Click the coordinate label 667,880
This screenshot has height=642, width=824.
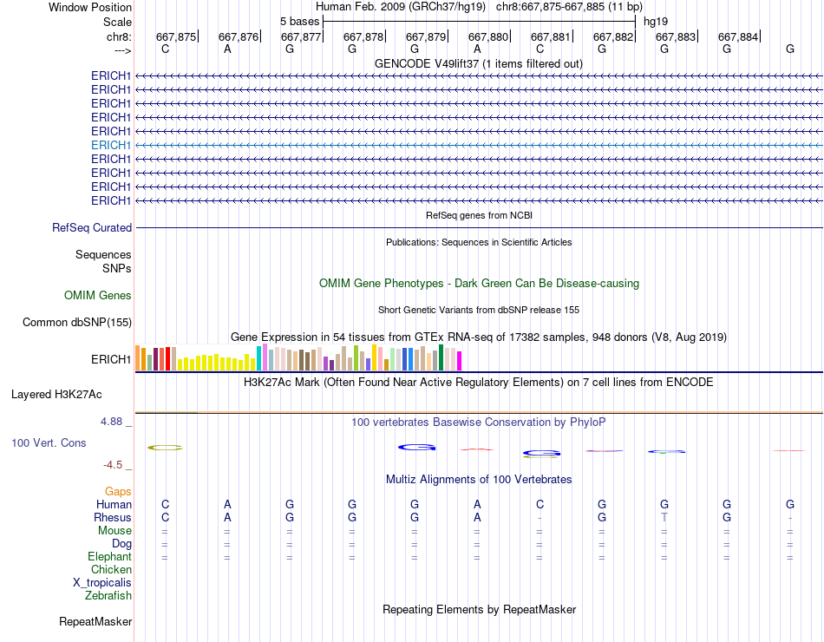click(488, 36)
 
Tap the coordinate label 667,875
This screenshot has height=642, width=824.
click(176, 36)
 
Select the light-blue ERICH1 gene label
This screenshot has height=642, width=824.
click(111, 145)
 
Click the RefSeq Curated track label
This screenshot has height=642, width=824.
click(92, 227)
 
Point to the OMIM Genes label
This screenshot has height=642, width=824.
click(98, 296)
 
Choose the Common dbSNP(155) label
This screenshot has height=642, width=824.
click(76, 323)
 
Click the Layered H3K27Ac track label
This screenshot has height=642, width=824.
click(56, 394)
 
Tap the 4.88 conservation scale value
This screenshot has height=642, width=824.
click(112, 422)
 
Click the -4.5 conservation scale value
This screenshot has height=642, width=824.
click(114, 464)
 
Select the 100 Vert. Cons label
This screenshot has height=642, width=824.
click(49, 442)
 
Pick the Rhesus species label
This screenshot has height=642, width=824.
click(113, 517)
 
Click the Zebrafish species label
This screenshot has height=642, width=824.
click(108, 595)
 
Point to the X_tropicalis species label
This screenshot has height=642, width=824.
click(102, 582)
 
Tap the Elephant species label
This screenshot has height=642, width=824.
click(109, 556)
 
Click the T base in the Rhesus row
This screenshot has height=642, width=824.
click(664, 517)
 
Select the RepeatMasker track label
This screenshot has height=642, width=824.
click(95, 621)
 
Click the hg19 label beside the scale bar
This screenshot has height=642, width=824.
click(655, 21)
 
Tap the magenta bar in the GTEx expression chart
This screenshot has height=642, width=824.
click(459, 360)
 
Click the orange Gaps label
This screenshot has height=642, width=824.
click(118, 491)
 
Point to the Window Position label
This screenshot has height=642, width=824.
click(90, 7)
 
